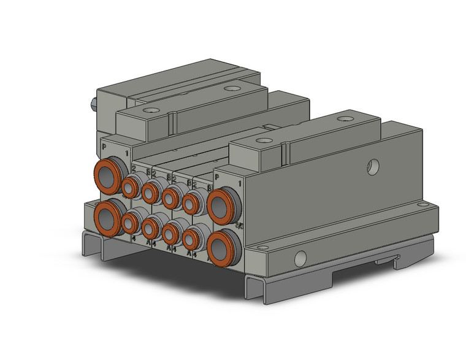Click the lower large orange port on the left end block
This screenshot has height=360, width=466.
click(x=107, y=214)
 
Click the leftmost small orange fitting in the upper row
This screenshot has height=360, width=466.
click(x=131, y=186)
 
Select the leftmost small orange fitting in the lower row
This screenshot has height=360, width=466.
click(x=131, y=220)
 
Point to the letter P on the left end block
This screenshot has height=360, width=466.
click(x=104, y=147)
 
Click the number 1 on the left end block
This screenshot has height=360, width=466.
click(x=127, y=153)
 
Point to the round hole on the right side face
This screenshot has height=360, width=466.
click(x=369, y=165)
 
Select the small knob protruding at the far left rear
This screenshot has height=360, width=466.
click(x=93, y=104)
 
